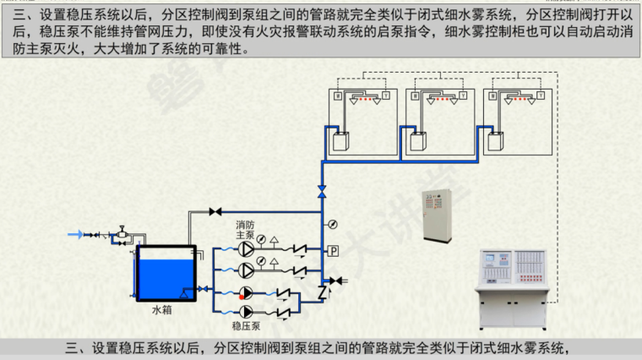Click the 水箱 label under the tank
[162, 310]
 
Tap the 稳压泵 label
[244, 325]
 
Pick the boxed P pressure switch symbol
[333, 251]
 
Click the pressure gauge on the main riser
[331, 225]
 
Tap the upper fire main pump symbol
[244, 249]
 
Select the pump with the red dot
[244, 293]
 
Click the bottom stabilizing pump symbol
[244, 310]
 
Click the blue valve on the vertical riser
[321, 192]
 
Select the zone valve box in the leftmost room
[341, 139]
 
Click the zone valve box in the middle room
[419, 139]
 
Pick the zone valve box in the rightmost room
[497, 139]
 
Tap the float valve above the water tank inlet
[122, 230]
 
